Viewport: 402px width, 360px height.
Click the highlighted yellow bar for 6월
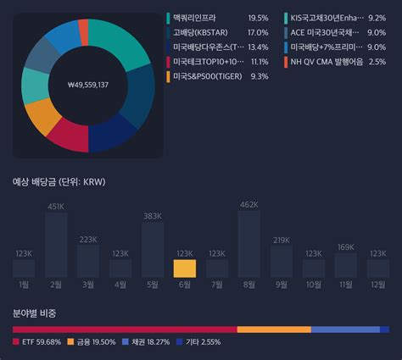tap(185, 269)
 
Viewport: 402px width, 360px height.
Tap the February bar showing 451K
tap(56, 246)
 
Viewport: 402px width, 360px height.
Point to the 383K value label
tap(153, 216)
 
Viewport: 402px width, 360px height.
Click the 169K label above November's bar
tap(346, 247)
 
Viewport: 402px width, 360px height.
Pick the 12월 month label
tap(378, 285)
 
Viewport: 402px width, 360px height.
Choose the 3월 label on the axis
tap(88, 285)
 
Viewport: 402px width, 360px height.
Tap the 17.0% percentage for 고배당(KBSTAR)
tap(258, 32)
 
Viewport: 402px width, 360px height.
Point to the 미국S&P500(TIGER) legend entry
tap(208, 76)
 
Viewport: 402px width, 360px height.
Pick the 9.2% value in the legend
tap(377, 18)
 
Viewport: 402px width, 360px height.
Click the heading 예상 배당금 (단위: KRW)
tap(59, 181)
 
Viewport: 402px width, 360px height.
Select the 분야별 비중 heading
tap(35, 313)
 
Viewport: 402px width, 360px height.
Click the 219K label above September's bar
tap(282, 240)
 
